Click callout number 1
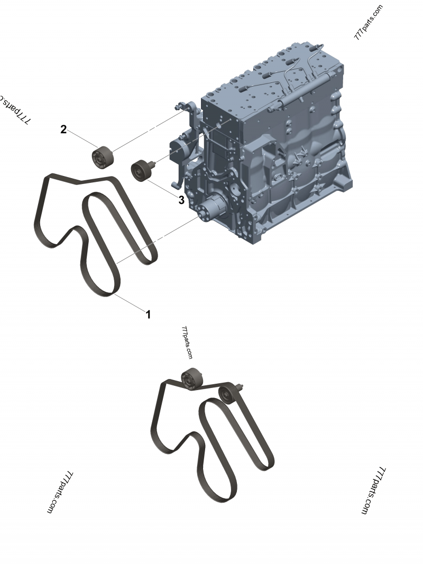[148, 315]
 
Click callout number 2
[63, 130]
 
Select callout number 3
[181, 200]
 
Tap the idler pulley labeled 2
[102, 156]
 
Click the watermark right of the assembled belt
[373, 491]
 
